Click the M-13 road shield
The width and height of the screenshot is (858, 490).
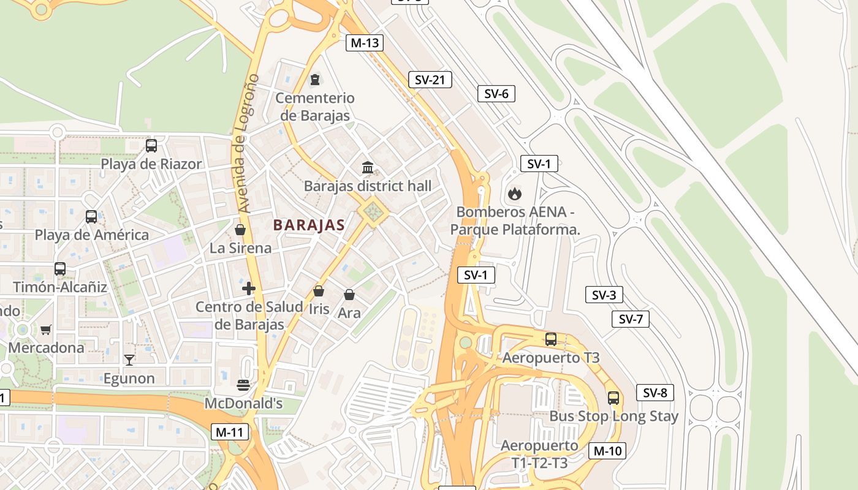pyautogui.click(x=365, y=43)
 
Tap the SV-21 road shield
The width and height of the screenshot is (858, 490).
pyautogui.click(x=430, y=80)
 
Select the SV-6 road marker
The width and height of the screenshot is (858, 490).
pyautogui.click(x=496, y=94)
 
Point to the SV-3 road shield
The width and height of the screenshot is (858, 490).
pyautogui.click(x=604, y=295)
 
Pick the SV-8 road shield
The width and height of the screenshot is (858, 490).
pyautogui.click(x=655, y=393)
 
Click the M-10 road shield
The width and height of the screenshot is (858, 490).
pyautogui.click(x=607, y=451)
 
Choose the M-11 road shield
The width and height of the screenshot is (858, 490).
pyautogui.click(x=230, y=432)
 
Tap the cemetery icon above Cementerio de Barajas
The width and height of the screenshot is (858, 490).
pyautogui.click(x=315, y=80)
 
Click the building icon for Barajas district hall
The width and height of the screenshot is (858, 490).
pyautogui.click(x=368, y=167)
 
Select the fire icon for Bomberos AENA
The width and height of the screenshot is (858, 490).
pyautogui.click(x=514, y=194)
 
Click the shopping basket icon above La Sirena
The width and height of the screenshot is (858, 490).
pyautogui.click(x=240, y=230)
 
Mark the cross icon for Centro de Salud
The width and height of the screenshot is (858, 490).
pyautogui.click(x=248, y=288)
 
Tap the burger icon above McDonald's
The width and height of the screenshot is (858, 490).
pyautogui.click(x=243, y=385)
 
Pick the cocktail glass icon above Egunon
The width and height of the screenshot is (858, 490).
pyautogui.click(x=129, y=360)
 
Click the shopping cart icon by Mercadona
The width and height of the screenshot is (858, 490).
pyautogui.click(x=45, y=330)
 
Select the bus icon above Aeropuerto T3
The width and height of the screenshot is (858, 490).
pyautogui.click(x=551, y=339)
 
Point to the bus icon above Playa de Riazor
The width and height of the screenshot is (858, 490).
pyautogui.click(x=151, y=146)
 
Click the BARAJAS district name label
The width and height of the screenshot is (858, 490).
pyautogui.click(x=309, y=225)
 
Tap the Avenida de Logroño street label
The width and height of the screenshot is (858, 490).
pyautogui.click(x=246, y=143)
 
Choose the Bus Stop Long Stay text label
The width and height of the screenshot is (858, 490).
pyautogui.click(x=613, y=417)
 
